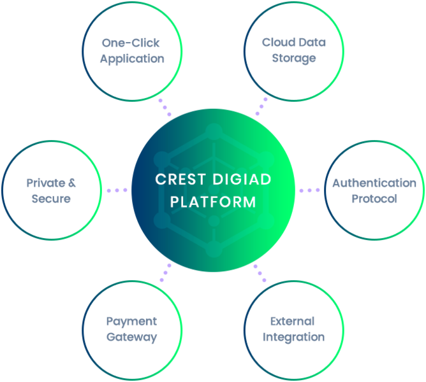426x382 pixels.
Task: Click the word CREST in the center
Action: click(x=180, y=180)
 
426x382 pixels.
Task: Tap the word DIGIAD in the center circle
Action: click(x=242, y=180)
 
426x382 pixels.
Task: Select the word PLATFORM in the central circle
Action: click(x=213, y=202)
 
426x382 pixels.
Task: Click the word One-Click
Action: click(x=131, y=43)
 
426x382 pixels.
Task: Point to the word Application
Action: click(x=132, y=59)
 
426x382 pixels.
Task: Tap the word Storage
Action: click(x=294, y=59)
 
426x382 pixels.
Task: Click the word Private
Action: click(x=46, y=183)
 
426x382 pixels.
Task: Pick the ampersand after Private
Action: click(x=72, y=183)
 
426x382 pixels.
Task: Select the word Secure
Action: click(x=51, y=199)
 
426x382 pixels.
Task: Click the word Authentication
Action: click(x=374, y=183)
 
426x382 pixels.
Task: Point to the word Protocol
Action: click(x=374, y=199)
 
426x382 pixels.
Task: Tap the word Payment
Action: click(x=131, y=322)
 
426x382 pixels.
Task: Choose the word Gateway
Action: click(x=131, y=337)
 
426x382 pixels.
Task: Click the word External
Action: click(x=292, y=322)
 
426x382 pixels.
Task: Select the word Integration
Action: click(x=294, y=337)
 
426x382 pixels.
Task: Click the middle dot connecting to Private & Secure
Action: click(x=117, y=190)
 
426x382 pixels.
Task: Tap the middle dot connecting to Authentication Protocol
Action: click(x=309, y=190)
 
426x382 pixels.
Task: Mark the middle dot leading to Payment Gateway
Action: click(x=165, y=272)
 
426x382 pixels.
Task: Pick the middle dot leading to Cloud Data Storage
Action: click(x=261, y=106)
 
